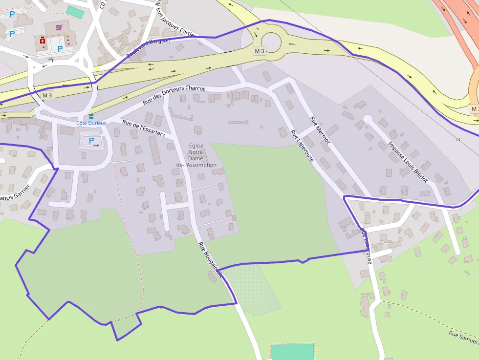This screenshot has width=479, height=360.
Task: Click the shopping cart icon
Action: (x=59, y=27)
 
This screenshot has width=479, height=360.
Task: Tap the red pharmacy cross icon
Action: (x=43, y=41)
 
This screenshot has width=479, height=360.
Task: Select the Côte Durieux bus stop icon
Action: (x=91, y=117)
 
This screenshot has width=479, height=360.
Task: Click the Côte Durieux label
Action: (x=91, y=123)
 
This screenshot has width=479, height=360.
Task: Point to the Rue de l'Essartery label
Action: (x=144, y=128)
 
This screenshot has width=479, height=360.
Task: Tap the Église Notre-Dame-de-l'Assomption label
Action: (x=196, y=155)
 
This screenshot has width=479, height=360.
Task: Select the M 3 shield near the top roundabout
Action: (x=259, y=51)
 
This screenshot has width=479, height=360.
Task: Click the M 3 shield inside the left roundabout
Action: (x=47, y=95)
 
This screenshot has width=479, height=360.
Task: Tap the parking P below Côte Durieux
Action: (x=91, y=141)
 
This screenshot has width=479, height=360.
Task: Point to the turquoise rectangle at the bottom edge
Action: (x=292, y=352)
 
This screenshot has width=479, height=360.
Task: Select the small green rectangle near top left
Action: (x=75, y=12)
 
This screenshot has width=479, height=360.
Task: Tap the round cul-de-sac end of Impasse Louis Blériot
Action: (x=368, y=119)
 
